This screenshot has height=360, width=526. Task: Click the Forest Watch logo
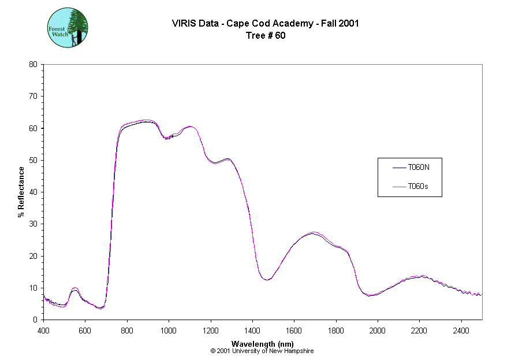pyautogui.click(x=67, y=28)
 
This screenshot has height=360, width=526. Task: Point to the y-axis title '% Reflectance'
pyautogui.click(x=21, y=192)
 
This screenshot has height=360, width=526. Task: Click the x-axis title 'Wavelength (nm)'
pyautogui.click(x=263, y=344)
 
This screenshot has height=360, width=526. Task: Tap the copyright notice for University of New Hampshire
pyautogui.click(x=262, y=351)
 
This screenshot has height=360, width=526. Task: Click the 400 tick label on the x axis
pyautogui.click(x=43, y=329)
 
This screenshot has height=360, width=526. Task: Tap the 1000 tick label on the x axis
pyautogui.click(x=169, y=329)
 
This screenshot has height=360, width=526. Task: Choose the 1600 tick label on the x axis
pyautogui.click(x=294, y=329)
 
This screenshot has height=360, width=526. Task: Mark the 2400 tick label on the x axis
pyautogui.click(x=461, y=329)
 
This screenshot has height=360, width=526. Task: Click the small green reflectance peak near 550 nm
pyautogui.click(x=74, y=288)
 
